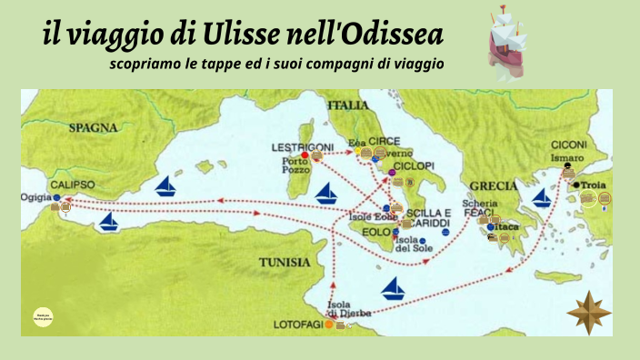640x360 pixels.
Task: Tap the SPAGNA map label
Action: pos(95,128)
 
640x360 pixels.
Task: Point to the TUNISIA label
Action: pos(285,262)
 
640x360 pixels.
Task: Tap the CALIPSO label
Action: pos(73,184)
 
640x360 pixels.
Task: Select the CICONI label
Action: pos(569,145)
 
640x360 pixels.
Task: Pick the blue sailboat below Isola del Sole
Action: pos(394,289)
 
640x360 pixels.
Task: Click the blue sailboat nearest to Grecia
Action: pos(543,197)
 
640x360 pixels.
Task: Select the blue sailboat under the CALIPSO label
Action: pos(109,221)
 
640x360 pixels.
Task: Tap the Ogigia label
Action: pos(36,196)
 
